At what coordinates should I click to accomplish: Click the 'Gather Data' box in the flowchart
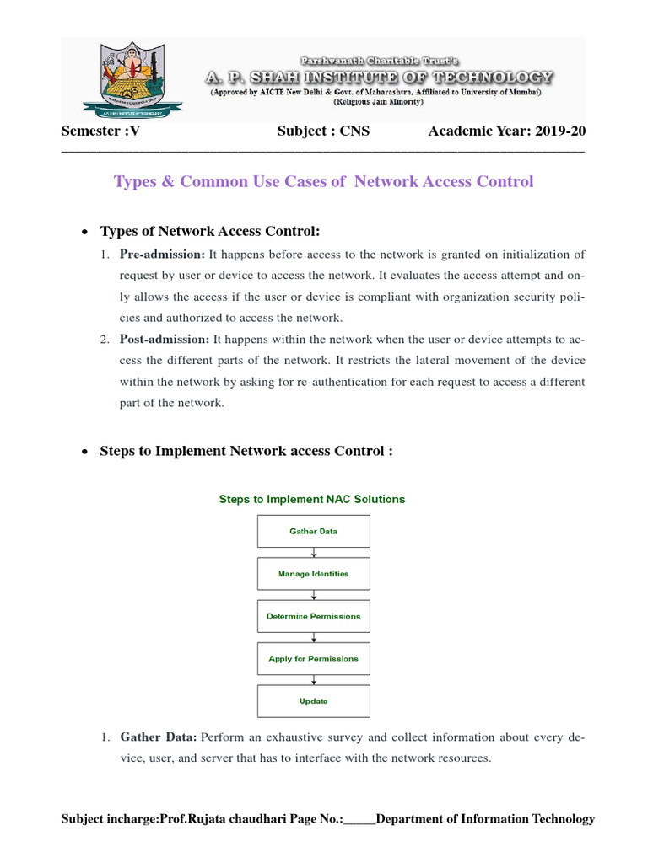[x=313, y=532]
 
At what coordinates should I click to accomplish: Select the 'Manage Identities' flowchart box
[x=313, y=574]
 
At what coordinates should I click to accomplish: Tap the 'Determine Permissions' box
[x=313, y=616]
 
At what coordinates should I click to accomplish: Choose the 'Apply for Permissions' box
[x=313, y=658]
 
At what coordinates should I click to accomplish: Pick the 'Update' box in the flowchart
[x=313, y=701]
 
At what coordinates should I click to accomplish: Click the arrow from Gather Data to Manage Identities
[x=314, y=553]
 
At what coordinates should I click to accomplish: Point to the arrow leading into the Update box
[x=314, y=680]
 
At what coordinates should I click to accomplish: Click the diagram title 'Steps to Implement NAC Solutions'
[x=312, y=499]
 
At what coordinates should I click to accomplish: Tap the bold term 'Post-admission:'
[x=165, y=339]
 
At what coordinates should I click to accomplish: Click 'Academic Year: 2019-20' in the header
[x=506, y=131]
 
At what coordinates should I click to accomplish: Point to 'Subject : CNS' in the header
[x=323, y=131]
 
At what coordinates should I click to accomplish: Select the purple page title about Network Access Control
[x=324, y=181]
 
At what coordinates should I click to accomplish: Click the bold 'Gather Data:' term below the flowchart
[x=159, y=737]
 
